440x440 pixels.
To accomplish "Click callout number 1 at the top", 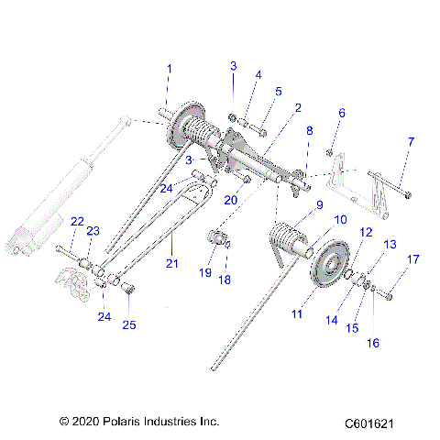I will tap(169, 69).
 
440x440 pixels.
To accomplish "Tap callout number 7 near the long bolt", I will tap(410, 142).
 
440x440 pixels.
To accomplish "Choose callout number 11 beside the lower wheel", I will tap(296, 314).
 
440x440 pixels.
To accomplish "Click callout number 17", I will tap(412, 259).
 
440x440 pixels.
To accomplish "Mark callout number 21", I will tap(172, 262).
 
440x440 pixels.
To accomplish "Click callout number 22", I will tap(77, 222).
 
